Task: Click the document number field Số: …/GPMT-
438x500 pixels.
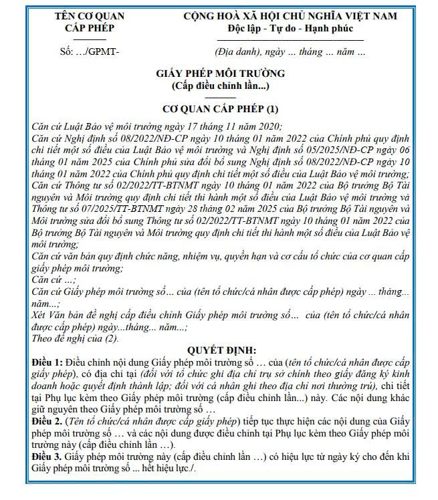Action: pyautogui.click(x=90, y=51)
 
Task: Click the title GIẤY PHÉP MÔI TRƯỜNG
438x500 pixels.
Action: pyautogui.click(x=220, y=74)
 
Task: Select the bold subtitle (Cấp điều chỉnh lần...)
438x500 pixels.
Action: pyautogui.click(x=220, y=86)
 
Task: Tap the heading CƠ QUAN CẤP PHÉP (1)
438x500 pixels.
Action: pyautogui.click(x=220, y=108)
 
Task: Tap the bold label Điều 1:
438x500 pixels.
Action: pyautogui.click(x=47, y=362)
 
